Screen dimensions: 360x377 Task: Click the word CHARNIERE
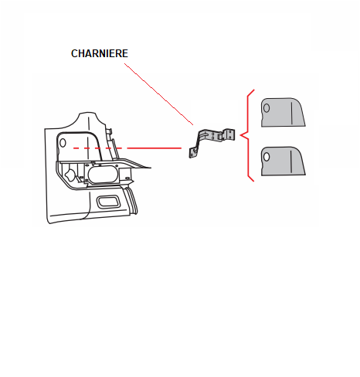click(x=100, y=53)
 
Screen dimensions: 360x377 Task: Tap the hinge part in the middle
click(x=212, y=143)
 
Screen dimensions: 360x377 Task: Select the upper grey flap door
click(x=283, y=112)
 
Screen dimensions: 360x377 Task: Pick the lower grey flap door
click(x=283, y=161)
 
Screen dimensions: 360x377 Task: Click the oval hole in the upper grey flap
click(x=267, y=108)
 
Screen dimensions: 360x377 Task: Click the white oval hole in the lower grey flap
click(x=267, y=157)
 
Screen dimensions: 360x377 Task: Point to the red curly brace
click(x=248, y=135)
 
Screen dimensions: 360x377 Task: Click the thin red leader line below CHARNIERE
click(x=158, y=94)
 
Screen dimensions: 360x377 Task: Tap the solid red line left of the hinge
click(x=155, y=148)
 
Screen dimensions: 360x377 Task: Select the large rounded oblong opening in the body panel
click(x=103, y=174)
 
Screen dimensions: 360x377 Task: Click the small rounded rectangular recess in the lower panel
click(x=108, y=202)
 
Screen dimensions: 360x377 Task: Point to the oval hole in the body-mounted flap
click(x=63, y=143)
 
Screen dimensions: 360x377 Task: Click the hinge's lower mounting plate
click(x=194, y=152)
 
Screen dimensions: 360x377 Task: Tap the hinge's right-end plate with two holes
click(x=229, y=135)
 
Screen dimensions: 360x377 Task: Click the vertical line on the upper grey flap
click(x=292, y=113)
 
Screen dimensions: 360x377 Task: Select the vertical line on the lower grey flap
click(x=291, y=161)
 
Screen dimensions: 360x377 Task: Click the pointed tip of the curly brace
click(x=240, y=135)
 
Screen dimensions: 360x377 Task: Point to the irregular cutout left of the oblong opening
click(x=70, y=175)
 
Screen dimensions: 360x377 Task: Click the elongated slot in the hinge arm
click(x=204, y=134)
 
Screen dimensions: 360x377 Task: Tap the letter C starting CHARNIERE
click(x=74, y=53)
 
